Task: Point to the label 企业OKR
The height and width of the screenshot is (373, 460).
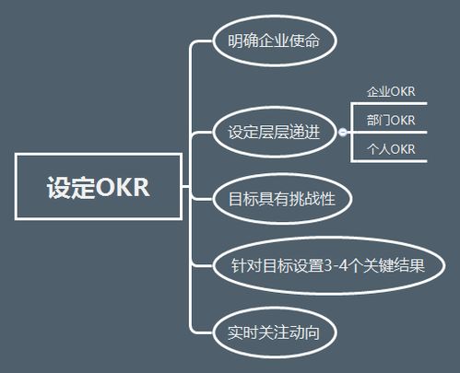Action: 391,91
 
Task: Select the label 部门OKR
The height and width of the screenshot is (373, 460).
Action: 391,120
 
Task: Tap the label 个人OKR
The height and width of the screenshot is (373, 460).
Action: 391,149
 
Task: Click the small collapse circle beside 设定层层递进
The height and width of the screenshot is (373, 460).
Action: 343,132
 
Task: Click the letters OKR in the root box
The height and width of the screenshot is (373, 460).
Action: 123,187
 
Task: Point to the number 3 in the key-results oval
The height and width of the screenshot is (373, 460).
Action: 328,265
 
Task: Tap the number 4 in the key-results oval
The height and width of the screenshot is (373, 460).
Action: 344,265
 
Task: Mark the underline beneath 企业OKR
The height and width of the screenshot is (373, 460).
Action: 389,104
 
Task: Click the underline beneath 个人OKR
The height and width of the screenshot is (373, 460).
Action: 389,160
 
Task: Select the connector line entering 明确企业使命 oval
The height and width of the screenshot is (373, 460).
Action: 201,41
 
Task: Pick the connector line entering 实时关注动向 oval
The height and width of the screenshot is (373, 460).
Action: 201,332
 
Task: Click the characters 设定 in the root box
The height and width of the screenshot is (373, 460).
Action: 71,187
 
